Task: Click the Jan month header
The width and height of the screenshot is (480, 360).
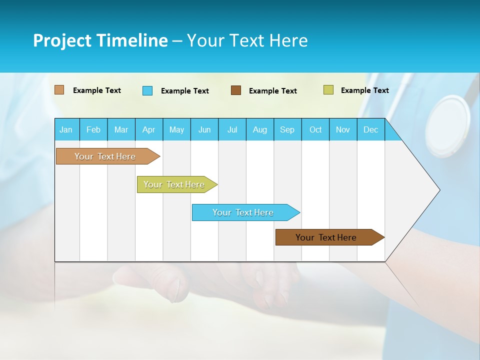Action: pyautogui.click(x=66, y=129)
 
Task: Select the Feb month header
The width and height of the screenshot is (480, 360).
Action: pyautogui.click(x=93, y=129)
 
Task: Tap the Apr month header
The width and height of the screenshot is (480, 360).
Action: pyautogui.click(x=148, y=129)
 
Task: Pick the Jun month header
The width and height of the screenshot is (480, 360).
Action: pyautogui.click(x=204, y=129)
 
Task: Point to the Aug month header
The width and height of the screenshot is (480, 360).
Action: pyautogui.click(x=260, y=129)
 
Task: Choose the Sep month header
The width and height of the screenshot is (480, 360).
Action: pyautogui.click(x=287, y=129)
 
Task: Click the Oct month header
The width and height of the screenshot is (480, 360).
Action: pyautogui.click(x=315, y=129)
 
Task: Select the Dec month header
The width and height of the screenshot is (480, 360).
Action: pyautogui.click(x=370, y=129)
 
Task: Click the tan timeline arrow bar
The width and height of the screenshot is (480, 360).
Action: pyautogui.click(x=105, y=156)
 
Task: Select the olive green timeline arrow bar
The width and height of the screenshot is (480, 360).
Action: pyautogui.click(x=174, y=184)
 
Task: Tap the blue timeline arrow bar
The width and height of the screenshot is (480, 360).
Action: pyautogui.click(x=243, y=212)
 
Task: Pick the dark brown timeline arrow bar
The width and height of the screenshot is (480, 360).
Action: pyautogui.click(x=326, y=237)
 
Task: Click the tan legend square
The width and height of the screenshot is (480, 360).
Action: pyautogui.click(x=59, y=90)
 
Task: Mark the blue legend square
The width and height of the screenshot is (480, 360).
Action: pyautogui.click(x=147, y=90)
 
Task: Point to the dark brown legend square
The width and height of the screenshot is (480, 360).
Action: pyautogui.click(x=236, y=90)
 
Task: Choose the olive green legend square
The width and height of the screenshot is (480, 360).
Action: pyautogui.click(x=328, y=90)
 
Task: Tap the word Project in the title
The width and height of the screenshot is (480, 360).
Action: pyautogui.click(x=61, y=40)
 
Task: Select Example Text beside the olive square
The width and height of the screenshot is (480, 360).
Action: pyautogui.click(x=364, y=90)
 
